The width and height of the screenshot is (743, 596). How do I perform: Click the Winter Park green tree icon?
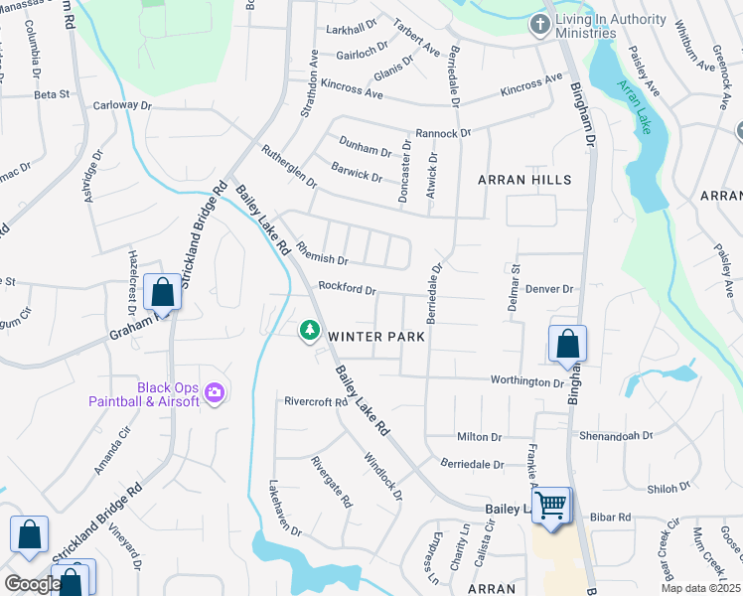(310, 329)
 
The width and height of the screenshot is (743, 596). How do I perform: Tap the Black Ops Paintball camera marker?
(214, 394)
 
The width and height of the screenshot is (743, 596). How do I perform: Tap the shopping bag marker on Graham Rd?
(161, 293)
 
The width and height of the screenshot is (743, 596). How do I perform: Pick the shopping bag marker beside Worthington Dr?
(567, 344)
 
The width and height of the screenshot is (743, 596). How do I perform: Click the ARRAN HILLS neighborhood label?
(524, 180)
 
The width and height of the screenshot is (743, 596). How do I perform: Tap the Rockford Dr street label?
(347, 289)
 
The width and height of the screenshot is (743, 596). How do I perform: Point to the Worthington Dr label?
(526, 381)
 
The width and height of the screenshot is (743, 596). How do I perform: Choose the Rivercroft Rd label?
(316, 402)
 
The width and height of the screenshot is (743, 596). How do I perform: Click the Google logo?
(32, 583)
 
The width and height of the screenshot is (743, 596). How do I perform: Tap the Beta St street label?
(51, 94)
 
